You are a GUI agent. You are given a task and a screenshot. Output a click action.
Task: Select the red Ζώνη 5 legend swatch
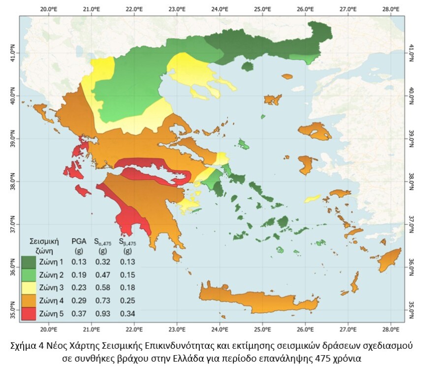pos(29,313)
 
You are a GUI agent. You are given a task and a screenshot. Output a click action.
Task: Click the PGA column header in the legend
pos(79,241)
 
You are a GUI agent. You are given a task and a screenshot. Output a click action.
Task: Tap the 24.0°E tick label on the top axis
pos(219,9)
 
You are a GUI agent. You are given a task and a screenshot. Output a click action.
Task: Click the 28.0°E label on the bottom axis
pos(390,329)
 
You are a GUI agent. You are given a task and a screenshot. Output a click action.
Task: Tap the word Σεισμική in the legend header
pos(44,241)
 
